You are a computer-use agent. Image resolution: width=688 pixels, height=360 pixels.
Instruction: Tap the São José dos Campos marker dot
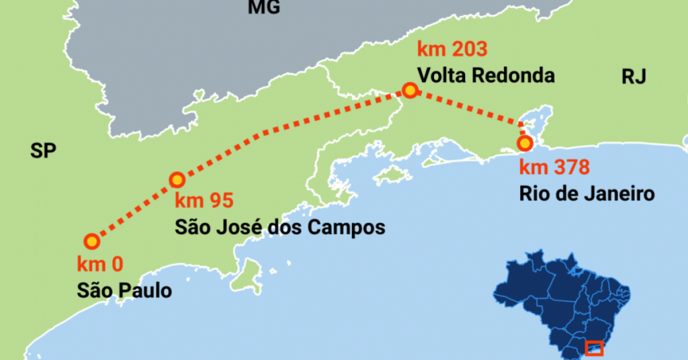click(177, 180)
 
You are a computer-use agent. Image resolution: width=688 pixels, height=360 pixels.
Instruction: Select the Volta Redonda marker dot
click(409, 91)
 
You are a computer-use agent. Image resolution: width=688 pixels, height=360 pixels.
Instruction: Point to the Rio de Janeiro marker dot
click(525, 143)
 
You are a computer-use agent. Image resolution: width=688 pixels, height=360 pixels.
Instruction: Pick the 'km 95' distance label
click(202, 201)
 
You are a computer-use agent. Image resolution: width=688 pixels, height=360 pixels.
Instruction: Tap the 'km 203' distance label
click(451, 49)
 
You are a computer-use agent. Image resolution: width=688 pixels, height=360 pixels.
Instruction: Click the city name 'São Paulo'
click(124, 291)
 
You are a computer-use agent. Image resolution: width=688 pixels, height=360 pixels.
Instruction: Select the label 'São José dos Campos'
click(279, 228)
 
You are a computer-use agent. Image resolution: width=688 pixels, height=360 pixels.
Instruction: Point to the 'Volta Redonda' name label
click(486, 75)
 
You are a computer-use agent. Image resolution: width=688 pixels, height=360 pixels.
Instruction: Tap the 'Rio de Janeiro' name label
click(587, 194)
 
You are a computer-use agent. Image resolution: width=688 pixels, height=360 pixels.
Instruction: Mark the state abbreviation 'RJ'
click(634, 77)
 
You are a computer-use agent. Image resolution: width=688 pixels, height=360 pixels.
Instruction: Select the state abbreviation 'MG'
click(263, 7)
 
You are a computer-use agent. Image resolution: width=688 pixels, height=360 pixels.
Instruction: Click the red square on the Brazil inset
click(594, 349)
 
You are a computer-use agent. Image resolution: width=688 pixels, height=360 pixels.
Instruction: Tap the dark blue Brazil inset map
click(564, 296)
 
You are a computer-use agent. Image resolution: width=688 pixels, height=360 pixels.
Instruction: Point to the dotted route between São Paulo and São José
click(134, 211)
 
